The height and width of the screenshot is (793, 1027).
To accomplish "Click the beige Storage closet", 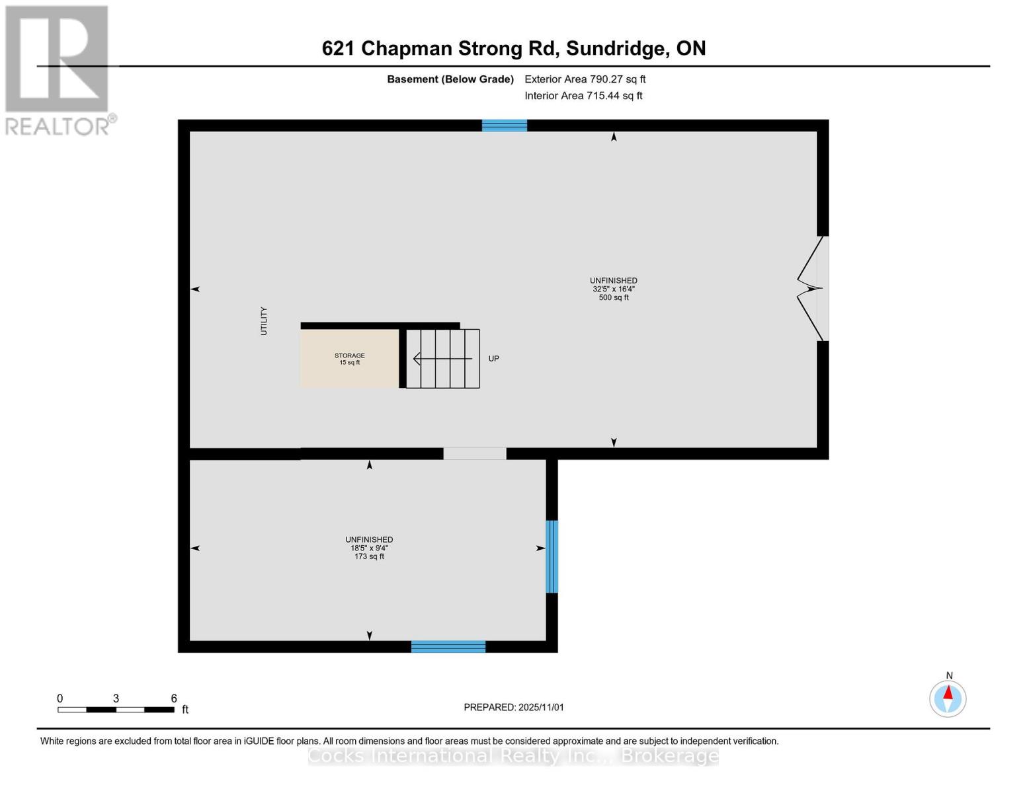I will [x=349, y=359].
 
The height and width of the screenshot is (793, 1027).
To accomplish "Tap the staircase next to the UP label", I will [x=442, y=359].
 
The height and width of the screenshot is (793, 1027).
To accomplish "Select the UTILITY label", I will [x=264, y=321].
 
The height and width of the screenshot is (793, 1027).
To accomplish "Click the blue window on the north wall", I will [x=505, y=126].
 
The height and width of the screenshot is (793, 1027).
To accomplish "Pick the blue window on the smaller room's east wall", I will [x=552, y=556].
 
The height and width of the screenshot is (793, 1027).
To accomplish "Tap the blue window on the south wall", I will [x=448, y=647].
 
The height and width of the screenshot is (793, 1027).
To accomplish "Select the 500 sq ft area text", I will [x=614, y=298].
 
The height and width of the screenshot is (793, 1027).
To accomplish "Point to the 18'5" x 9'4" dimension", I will [x=369, y=548].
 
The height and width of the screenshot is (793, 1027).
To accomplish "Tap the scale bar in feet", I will [x=116, y=710].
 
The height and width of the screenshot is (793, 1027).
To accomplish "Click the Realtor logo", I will [x=58, y=69].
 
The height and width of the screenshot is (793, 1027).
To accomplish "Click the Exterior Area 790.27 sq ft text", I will [x=585, y=79].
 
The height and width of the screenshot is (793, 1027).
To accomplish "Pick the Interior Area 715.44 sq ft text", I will [x=583, y=96].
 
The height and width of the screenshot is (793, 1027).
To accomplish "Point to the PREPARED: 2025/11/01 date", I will [x=514, y=707].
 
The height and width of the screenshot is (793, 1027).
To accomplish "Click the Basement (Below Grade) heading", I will [x=450, y=79].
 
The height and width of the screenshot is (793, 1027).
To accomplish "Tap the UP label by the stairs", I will [x=494, y=359].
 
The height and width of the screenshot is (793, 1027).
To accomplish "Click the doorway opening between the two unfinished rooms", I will [x=475, y=454].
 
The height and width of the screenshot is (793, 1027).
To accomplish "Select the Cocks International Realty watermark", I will [x=513, y=755].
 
